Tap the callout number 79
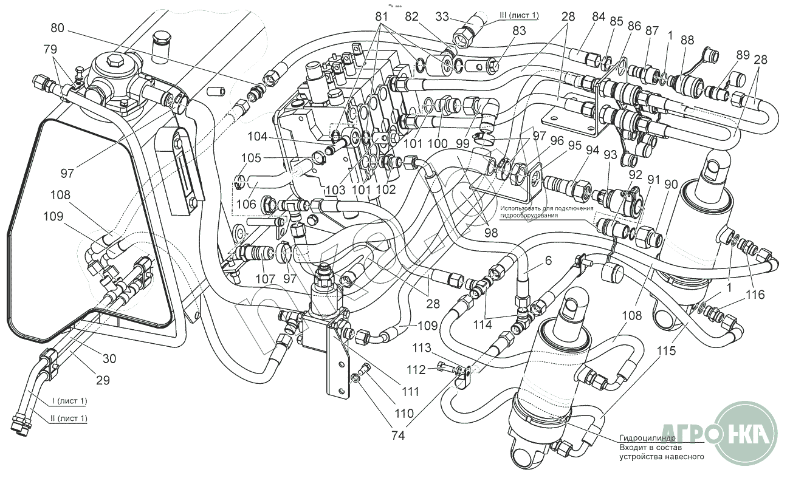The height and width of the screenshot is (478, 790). [x=51, y=48]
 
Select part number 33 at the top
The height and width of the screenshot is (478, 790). [x=442, y=18]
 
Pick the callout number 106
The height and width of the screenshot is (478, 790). [x=246, y=205]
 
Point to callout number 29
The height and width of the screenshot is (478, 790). [x=103, y=380]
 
